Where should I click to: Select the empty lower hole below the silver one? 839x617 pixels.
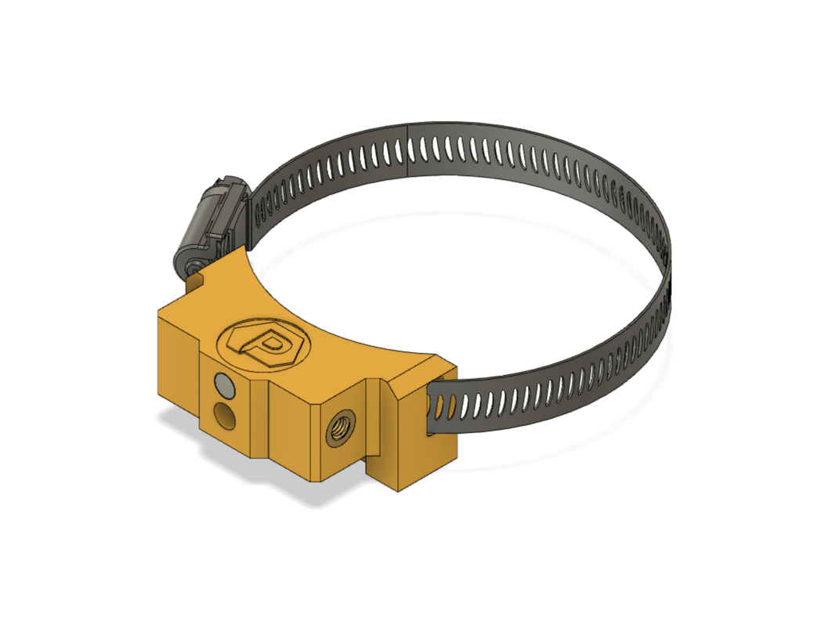226,415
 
